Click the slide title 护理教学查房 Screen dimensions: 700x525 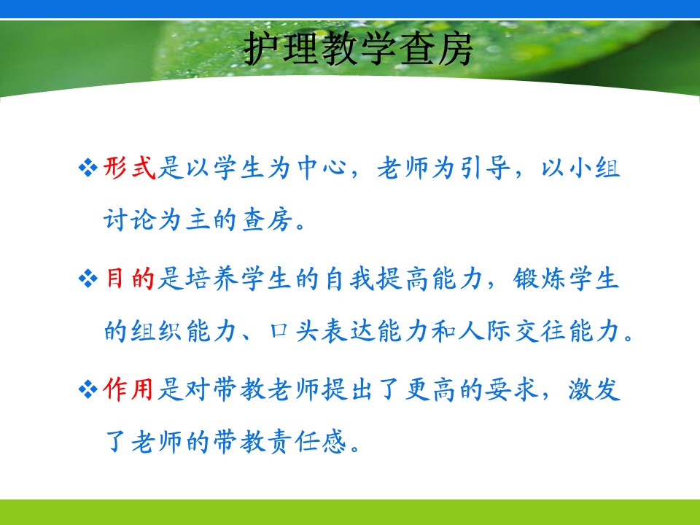pyautogui.click(x=358, y=49)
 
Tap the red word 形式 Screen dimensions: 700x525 pyautogui.click(x=130, y=168)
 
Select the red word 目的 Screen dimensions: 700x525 pyautogui.click(x=130, y=279)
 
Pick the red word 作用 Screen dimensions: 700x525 pyautogui.click(x=128, y=389)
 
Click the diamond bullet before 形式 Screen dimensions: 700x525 pyautogui.click(x=87, y=168)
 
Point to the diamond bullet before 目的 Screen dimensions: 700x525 pyautogui.click(x=87, y=279)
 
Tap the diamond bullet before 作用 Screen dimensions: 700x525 pyautogui.click(x=87, y=389)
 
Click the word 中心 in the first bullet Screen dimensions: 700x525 pyautogui.click(x=322, y=168)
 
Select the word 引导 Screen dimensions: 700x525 pyautogui.click(x=486, y=168)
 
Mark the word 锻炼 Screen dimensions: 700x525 pyautogui.click(x=540, y=279)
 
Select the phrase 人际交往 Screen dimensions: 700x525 pyautogui.click(x=513, y=331)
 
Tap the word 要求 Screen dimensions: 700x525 pyautogui.click(x=513, y=389)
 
